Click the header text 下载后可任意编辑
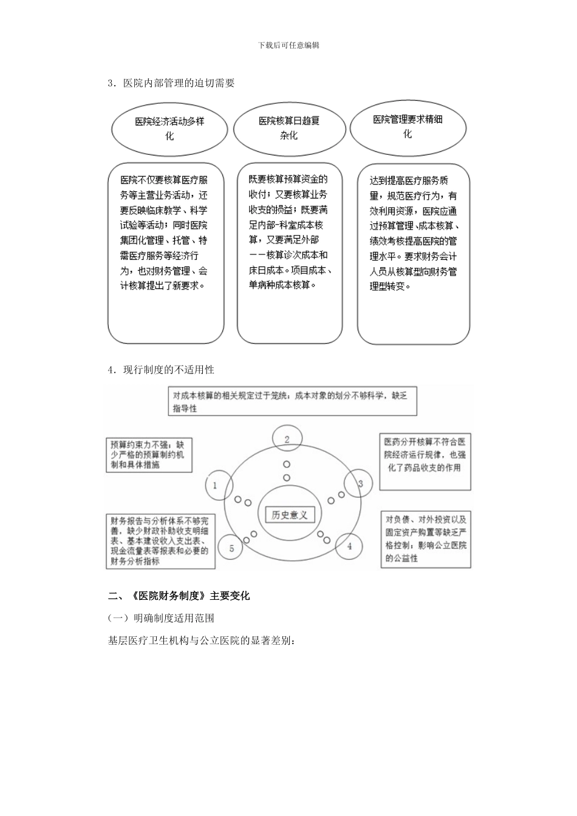tap(288, 45)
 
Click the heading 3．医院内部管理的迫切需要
tap(171, 83)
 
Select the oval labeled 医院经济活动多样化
tap(169, 129)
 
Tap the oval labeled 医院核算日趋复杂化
tap(289, 128)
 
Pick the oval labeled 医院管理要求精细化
tap(408, 127)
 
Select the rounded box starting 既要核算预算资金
tap(289, 253)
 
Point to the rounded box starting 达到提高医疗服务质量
tap(413, 254)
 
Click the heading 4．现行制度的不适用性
tap(161, 369)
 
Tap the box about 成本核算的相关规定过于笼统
tap(292, 401)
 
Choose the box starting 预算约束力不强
tap(148, 455)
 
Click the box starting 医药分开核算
tap(425, 461)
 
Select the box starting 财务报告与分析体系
tap(160, 541)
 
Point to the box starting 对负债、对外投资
tap(426, 539)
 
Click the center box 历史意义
tap(290, 515)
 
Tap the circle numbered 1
tap(214, 485)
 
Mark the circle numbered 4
tap(349, 546)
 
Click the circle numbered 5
tap(231, 548)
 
